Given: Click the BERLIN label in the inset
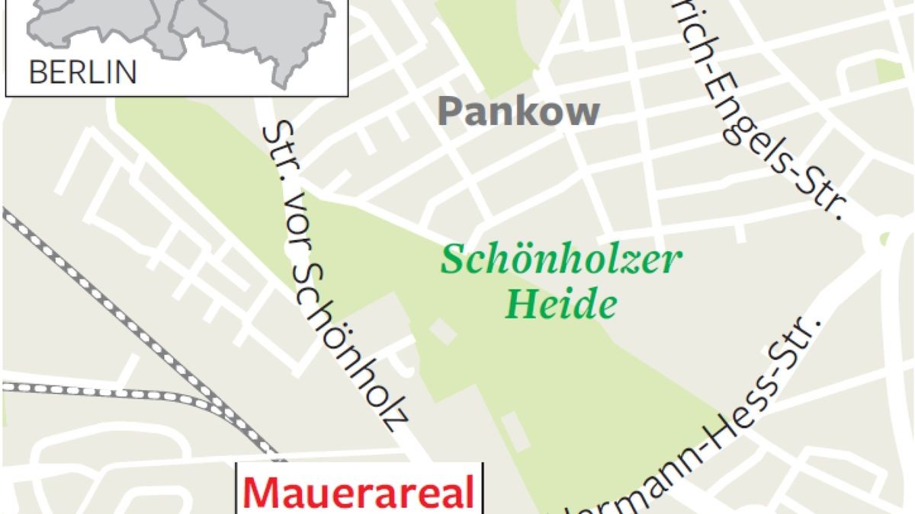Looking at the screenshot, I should [82, 73].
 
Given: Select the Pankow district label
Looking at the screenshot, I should [518, 112].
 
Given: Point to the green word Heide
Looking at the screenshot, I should [560, 305].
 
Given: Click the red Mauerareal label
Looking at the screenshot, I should [359, 493].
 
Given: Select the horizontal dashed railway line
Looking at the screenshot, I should [91, 390].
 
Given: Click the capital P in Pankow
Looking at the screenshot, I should [450, 112].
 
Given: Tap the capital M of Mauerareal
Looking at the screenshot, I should [263, 493].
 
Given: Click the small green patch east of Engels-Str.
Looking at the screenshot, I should [889, 70].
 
